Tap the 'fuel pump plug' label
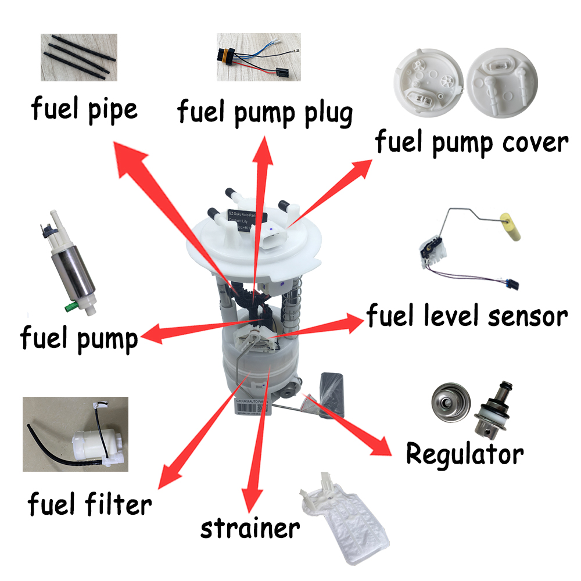tap(265, 112)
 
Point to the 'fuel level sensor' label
tap(466, 316)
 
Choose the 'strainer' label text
tap(250, 528)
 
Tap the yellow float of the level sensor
tap(510, 227)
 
